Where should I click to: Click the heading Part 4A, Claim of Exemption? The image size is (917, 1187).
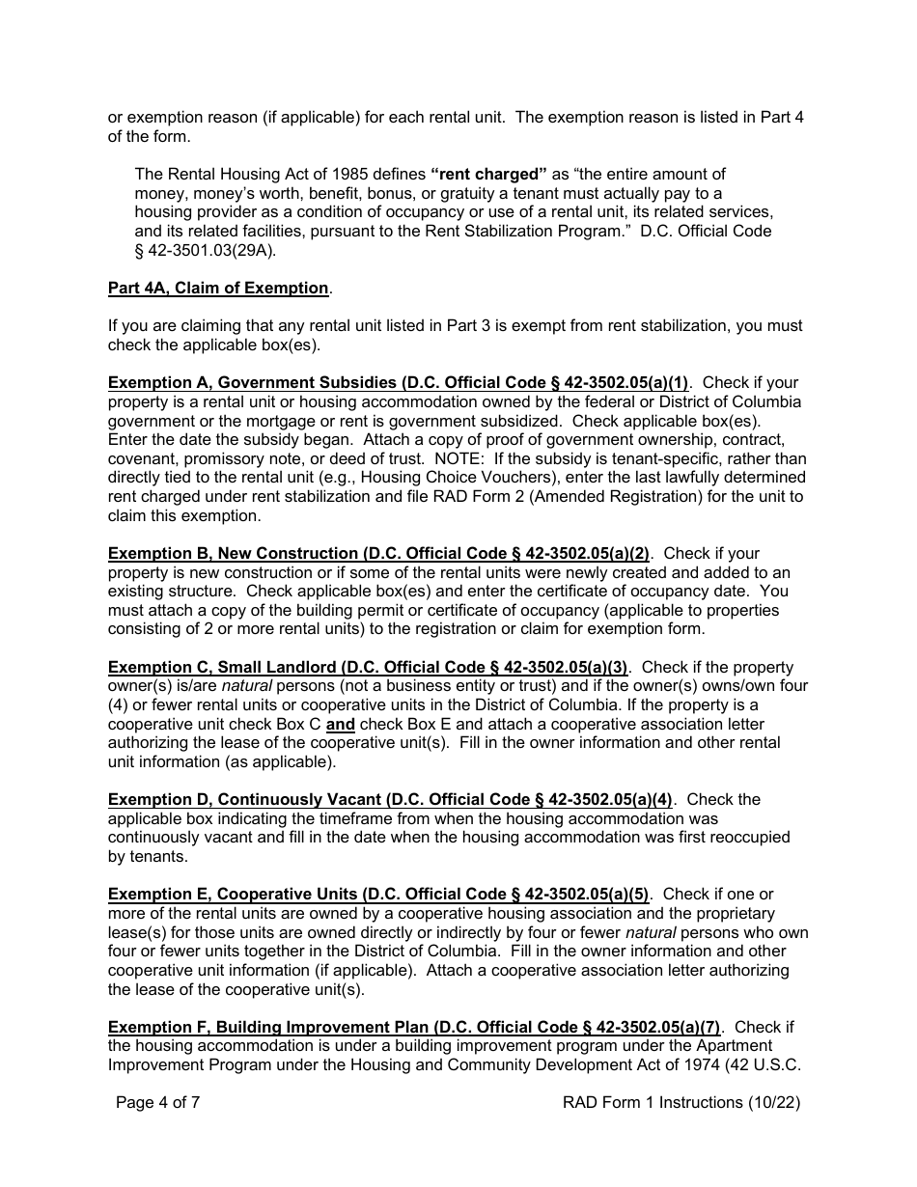tap(219, 289)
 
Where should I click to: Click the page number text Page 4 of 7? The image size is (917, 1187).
tap(158, 1102)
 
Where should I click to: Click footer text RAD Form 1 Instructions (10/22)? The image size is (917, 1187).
tap(681, 1102)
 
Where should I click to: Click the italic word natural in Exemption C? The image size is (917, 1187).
tap(247, 686)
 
